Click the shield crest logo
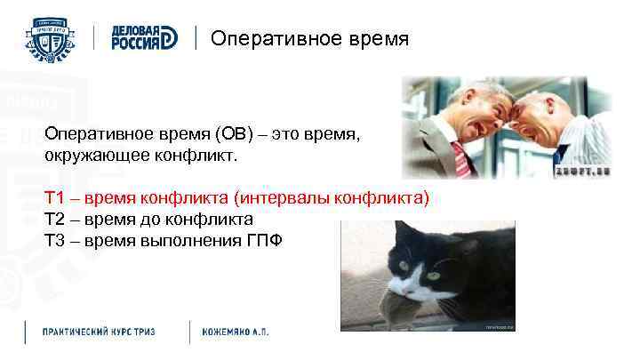[x=50, y=39]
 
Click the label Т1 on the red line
[x=55, y=197]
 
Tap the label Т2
[x=55, y=219]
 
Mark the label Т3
[x=55, y=240]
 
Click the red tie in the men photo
[x=460, y=161]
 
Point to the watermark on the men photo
[x=580, y=172]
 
